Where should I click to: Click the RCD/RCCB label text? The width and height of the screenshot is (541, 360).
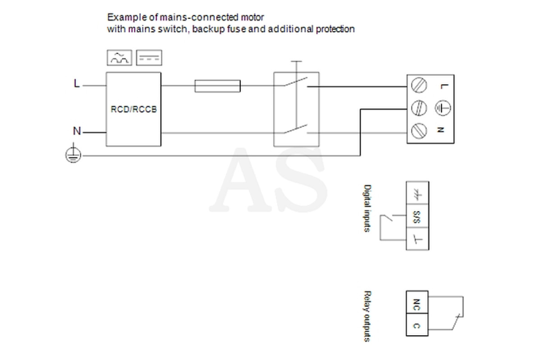133,109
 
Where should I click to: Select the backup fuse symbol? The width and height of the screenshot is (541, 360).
218,86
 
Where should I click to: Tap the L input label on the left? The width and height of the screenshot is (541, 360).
77,83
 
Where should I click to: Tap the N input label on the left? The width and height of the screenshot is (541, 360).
77,131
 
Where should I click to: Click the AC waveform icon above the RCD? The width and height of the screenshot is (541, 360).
119,58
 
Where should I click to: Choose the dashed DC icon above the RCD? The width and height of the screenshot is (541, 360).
149,58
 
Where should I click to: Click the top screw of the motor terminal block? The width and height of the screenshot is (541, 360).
419,85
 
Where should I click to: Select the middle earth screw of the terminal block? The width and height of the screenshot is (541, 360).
419,108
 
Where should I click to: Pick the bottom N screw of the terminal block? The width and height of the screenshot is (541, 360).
419,131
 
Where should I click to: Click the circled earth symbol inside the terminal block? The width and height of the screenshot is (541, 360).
443,108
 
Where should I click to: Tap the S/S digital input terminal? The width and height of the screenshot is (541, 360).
417,216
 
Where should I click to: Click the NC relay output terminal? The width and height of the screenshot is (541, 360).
417,302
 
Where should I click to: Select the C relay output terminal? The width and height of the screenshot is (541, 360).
417,325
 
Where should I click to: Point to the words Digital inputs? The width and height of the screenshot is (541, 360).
367,208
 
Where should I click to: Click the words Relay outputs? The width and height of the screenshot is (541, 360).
367,316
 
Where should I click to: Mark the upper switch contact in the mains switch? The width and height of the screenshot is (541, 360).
296,81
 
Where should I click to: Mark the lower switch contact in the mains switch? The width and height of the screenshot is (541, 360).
296,129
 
